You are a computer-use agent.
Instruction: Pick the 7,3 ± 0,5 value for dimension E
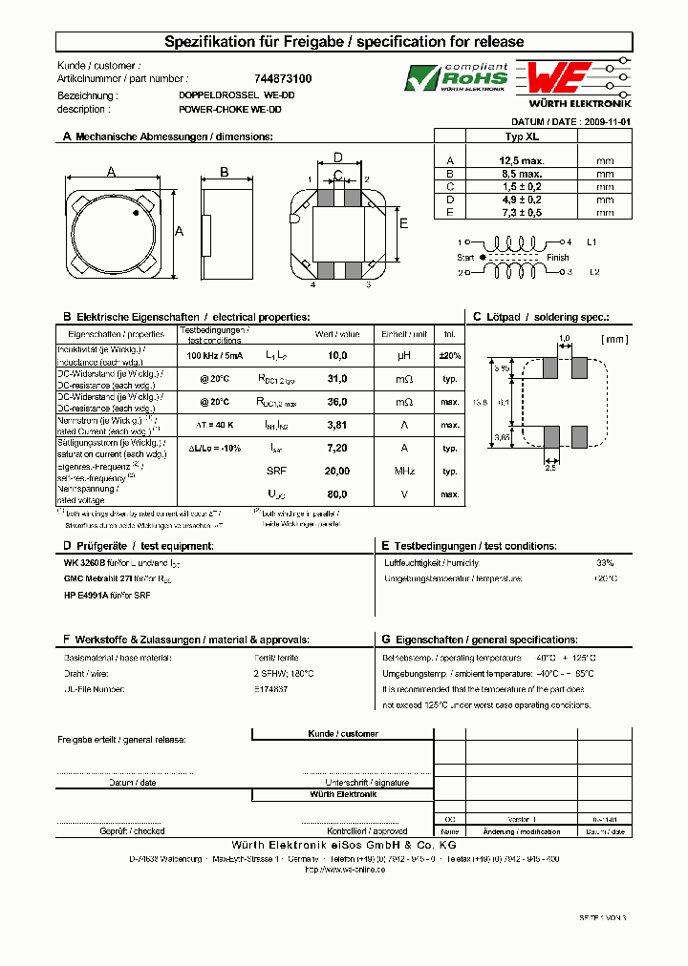point(523,212)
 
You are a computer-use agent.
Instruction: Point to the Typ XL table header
point(523,136)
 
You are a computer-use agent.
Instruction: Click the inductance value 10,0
point(337,355)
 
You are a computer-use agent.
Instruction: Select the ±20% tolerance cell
point(449,355)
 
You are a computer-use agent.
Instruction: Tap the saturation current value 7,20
point(337,448)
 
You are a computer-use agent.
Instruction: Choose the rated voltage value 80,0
point(337,494)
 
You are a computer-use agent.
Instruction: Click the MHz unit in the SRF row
point(404,472)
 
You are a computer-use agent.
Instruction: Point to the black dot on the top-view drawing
point(136,213)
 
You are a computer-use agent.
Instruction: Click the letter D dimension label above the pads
point(337,157)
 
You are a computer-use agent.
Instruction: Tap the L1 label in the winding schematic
point(592,242)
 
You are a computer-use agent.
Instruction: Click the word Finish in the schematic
point(558,258)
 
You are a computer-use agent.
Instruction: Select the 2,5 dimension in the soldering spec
point(550,467)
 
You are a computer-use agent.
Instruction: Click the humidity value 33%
point(605,562)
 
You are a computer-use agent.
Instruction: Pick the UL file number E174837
point(272,688)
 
